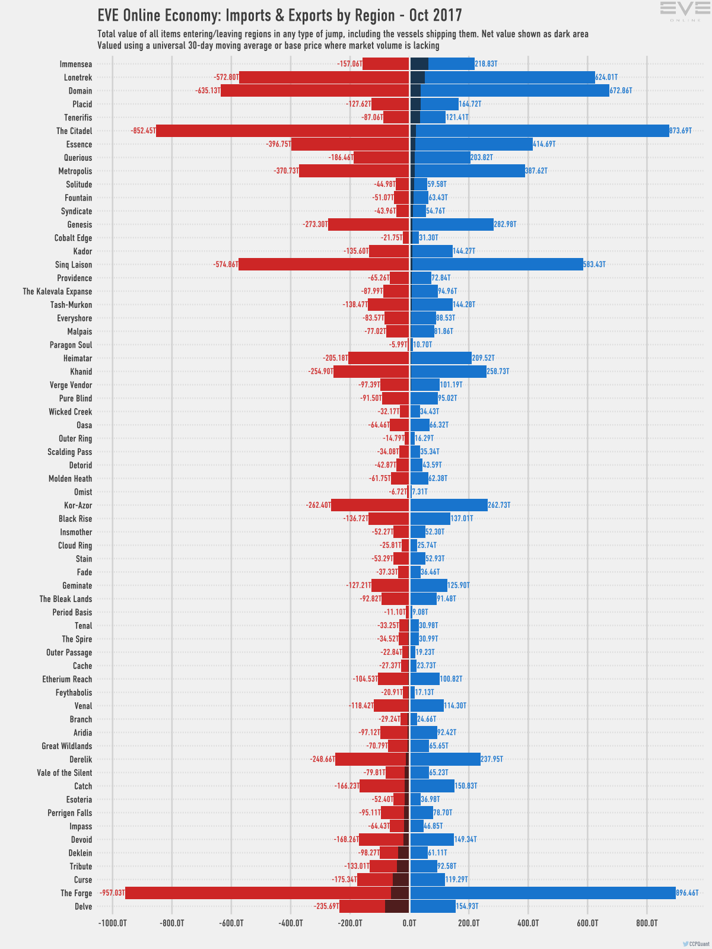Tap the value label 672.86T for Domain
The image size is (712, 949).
point(621,91)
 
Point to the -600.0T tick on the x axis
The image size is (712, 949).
point(231,923)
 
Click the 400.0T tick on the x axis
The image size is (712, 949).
point(528,923)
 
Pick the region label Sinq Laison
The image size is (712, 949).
point(74,265)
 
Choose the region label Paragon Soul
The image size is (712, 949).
point(71,345)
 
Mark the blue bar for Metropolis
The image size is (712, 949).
point(469,171)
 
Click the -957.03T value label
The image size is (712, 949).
point(112,893)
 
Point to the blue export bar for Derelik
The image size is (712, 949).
point(445,759)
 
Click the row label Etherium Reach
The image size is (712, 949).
point(67,679)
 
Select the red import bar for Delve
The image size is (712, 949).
point(362,906)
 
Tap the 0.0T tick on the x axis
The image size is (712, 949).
point(409,923)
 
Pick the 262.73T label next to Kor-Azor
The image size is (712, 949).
point(499,505)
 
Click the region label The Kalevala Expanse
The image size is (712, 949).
point(58,291)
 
